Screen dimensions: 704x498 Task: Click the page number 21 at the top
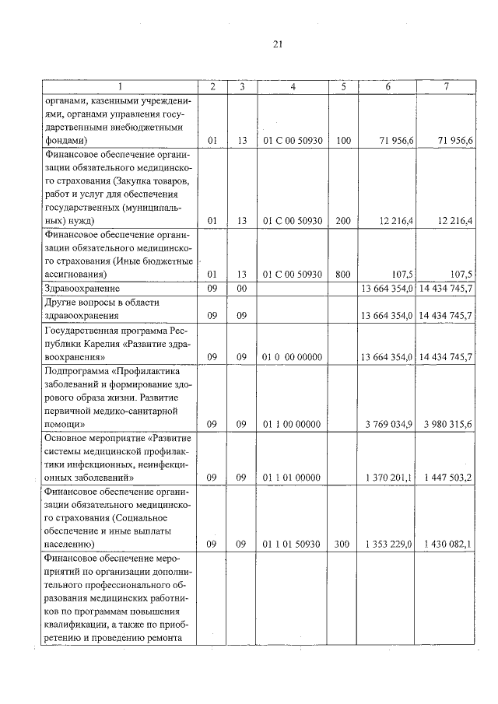point(278,44)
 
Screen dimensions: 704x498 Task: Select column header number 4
point(293,87)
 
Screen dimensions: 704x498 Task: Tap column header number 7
point(446,87)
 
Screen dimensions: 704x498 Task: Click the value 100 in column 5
point(344,141)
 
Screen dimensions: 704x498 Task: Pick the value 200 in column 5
point(344,221)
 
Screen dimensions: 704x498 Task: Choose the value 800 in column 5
point(344,274)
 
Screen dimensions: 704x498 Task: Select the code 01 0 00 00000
point(293,357)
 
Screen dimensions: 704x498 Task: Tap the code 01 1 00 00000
point(293,424)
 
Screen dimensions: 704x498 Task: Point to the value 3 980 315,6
point(448,424)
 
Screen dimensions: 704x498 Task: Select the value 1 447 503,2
point(448,477)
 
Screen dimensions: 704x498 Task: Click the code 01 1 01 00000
point(293,477)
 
